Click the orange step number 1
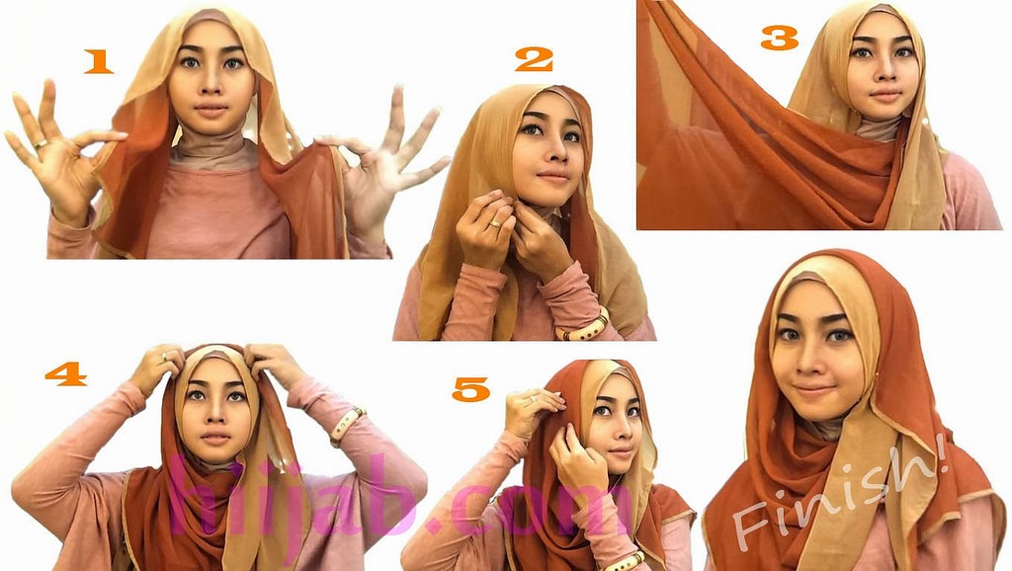[x=99, y=62]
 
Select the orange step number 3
[x=780, y=39]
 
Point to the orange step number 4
[x=66, y=373]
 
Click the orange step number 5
[x=471, y=389]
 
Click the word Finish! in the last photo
[x=839, y=494]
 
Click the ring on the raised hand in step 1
[x=41, y=144]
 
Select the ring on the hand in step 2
[x=494, y=224]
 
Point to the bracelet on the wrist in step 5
[x=623, y=562]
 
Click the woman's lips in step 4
[x=214, y=438]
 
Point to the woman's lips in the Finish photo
[x=813, y=390]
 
